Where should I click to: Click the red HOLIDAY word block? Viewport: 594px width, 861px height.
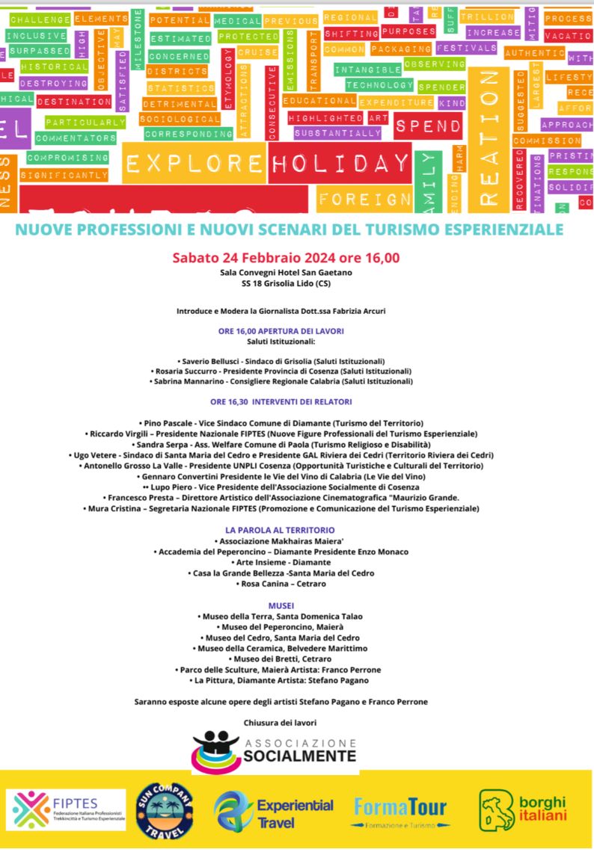pos(340,163)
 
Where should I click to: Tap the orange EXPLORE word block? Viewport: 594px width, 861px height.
pos(195,163)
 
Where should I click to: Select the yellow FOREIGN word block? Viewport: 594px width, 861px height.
pos(364,199)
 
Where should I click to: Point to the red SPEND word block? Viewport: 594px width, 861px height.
pos(429,126)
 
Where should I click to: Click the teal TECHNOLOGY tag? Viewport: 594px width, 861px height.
pos(379,85)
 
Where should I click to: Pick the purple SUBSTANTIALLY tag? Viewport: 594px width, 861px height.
pos(337,133)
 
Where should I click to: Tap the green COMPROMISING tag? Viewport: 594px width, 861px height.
pos(67,158)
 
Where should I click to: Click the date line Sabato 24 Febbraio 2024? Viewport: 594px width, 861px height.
pos(286,258)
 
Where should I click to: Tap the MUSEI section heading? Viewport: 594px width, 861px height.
pos(281,605)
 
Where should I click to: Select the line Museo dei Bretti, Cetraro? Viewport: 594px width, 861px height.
pos(287,659)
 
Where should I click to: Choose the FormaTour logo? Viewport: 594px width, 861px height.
pos(402,809)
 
